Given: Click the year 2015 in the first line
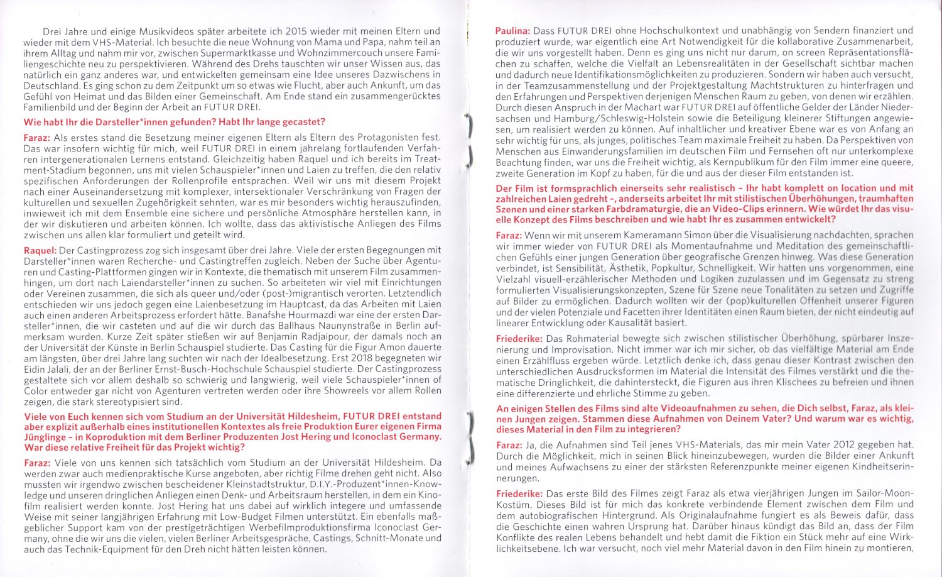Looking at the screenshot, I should click(x=296, y=31).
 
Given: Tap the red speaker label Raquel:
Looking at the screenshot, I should click(x=40, y=250).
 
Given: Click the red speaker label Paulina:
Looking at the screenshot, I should click(x=512, y=30).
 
